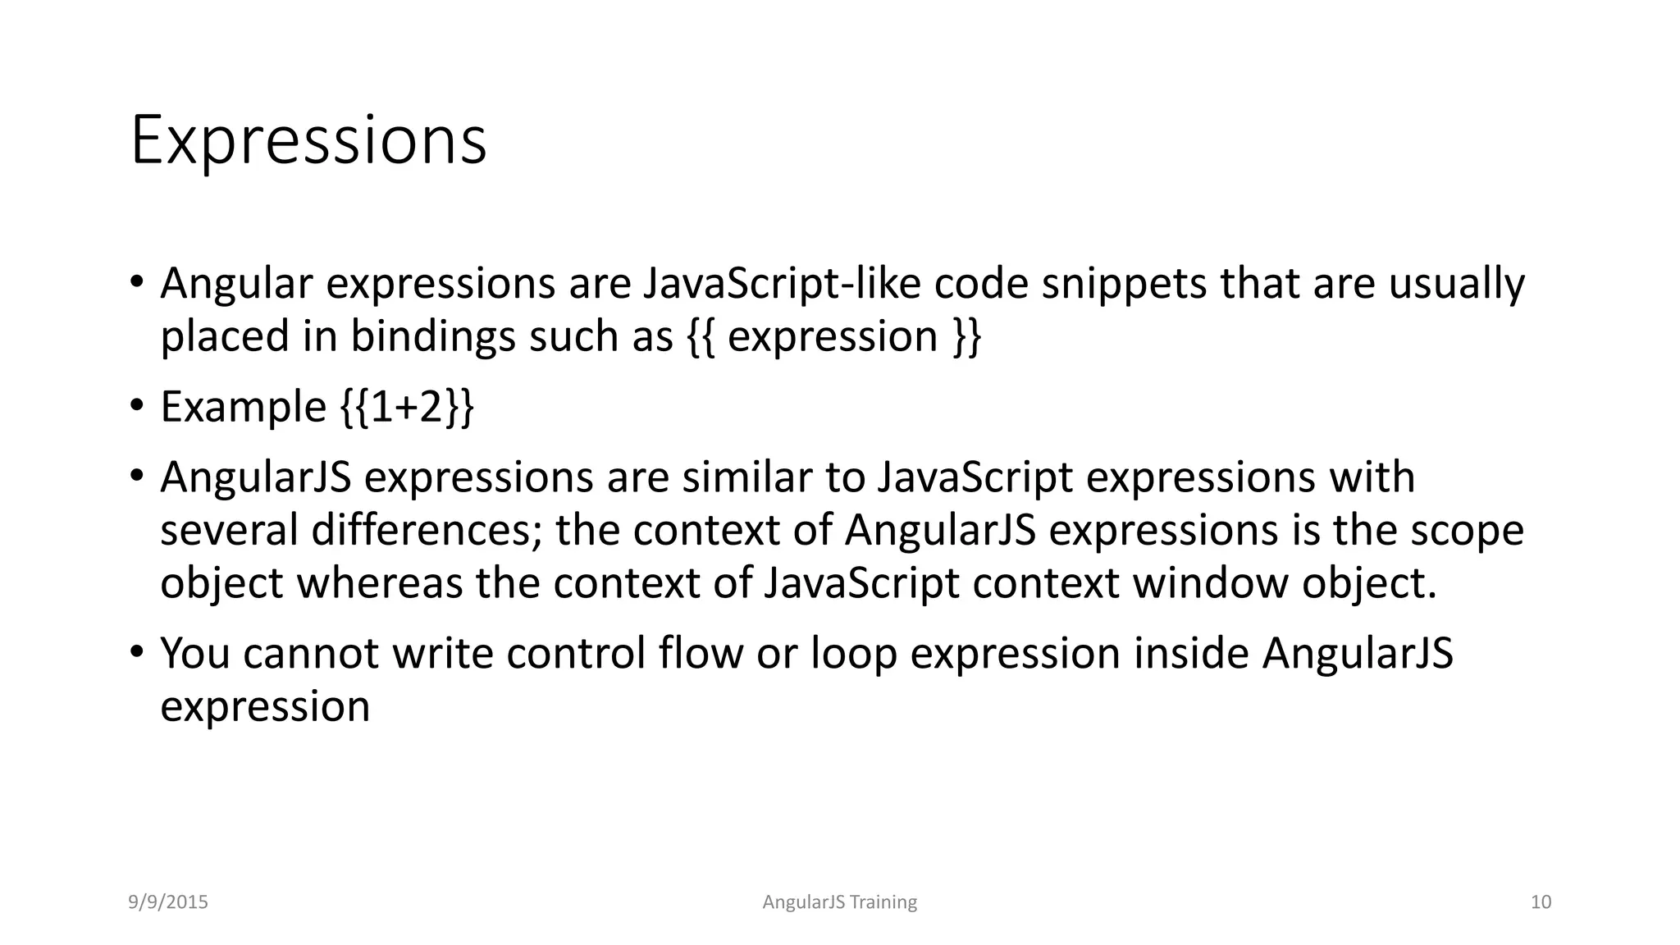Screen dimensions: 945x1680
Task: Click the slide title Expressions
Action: point(308,141)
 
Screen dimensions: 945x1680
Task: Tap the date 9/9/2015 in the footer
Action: point(168,902)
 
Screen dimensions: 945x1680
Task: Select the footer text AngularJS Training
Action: point(839,902)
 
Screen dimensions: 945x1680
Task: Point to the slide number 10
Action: point(1541,902)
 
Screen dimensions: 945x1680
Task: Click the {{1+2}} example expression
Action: point(407,407)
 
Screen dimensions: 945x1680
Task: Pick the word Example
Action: point(244,407)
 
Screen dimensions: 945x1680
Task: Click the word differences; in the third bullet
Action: point(427,530)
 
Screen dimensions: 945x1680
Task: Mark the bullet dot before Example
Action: point(137,405)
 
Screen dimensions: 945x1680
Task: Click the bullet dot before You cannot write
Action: point(137,652)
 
